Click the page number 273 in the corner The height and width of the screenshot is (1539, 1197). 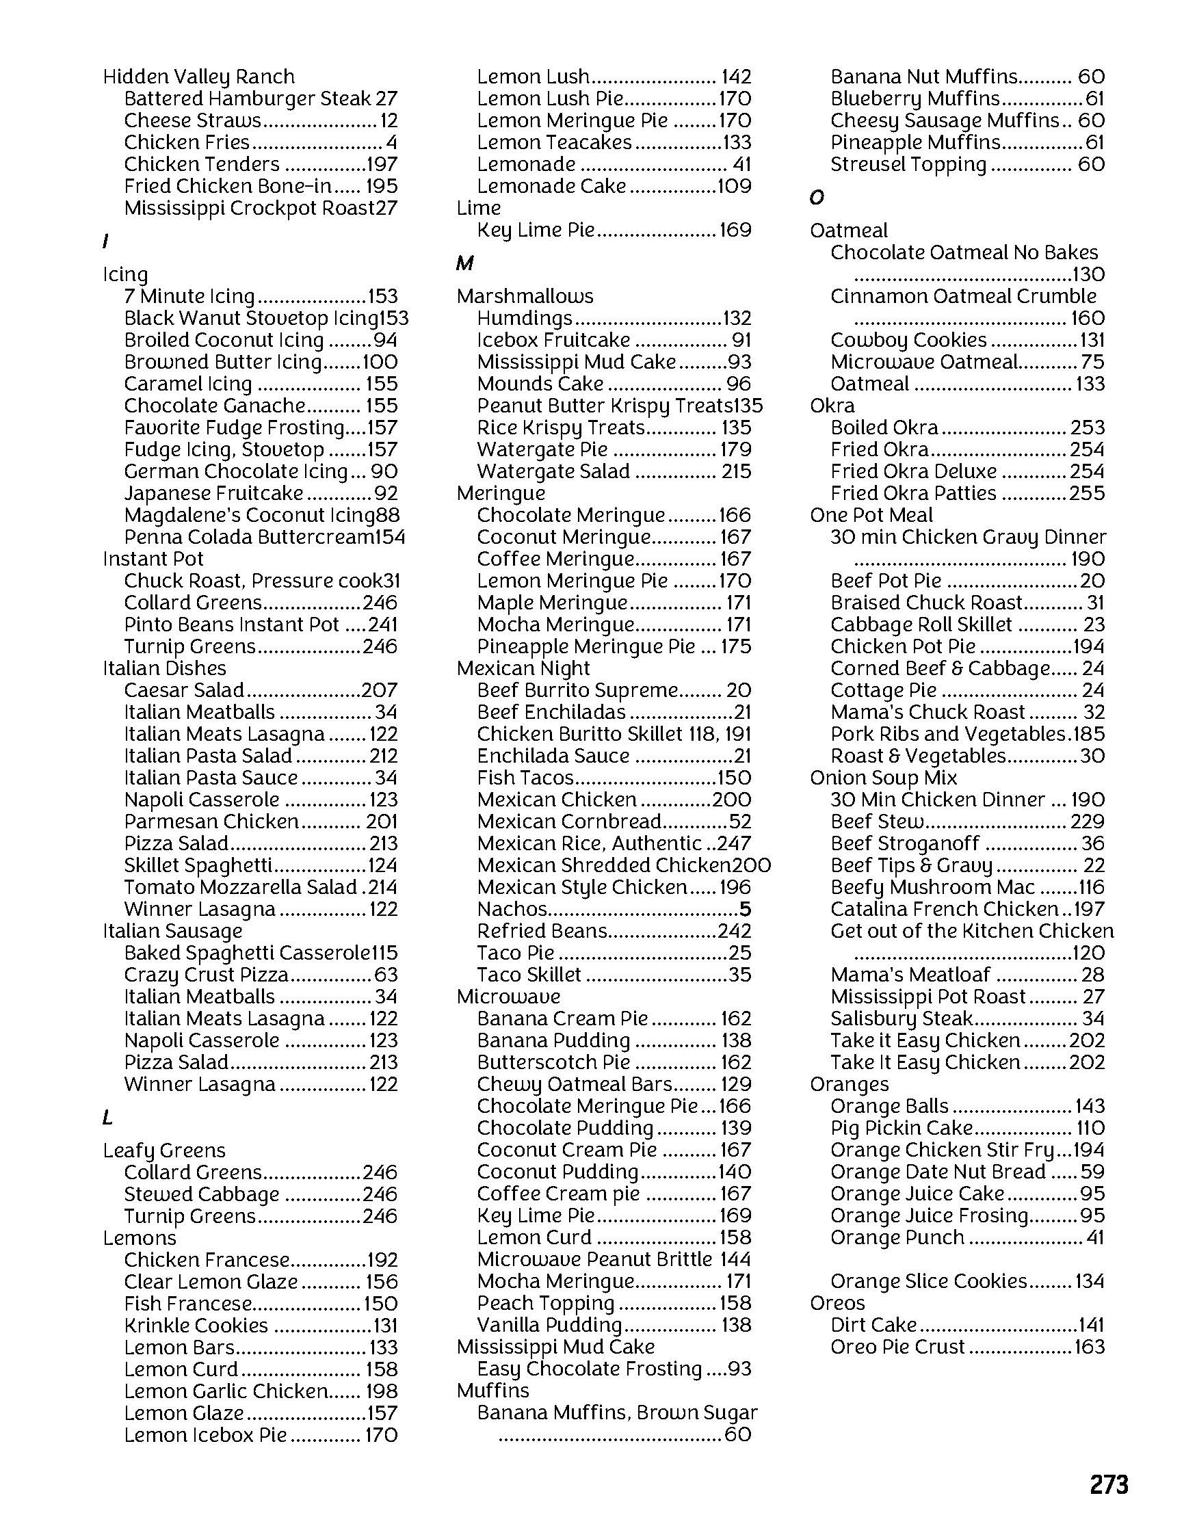click(1109, 1484)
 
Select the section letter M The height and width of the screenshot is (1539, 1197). click(464, 263)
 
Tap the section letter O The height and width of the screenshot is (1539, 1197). click(817, 198)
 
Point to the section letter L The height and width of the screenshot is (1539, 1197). click(107, 1118)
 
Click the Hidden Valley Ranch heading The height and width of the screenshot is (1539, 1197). click(198, 77)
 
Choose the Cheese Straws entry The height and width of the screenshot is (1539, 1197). click(192, 120)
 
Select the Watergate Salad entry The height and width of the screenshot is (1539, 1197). click(553, 471)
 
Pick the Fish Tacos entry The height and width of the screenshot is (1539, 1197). click(525, 778)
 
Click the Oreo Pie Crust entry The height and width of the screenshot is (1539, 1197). click(897, 1347)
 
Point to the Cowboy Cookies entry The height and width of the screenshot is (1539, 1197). click(908, 341)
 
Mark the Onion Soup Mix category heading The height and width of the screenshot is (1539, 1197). click(883, 778)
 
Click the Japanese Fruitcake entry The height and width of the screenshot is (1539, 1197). click(213, 493)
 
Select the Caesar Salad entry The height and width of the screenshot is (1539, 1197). click(184, 691)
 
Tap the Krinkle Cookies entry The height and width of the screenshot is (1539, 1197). click(196, 1326)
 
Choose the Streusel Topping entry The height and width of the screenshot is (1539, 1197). click(908, 165)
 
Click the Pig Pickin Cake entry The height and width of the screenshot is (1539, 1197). click(901, 1128)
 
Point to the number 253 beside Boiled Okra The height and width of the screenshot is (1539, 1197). click(1087, 428)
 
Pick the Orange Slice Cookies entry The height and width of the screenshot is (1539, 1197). click(929, 1281)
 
